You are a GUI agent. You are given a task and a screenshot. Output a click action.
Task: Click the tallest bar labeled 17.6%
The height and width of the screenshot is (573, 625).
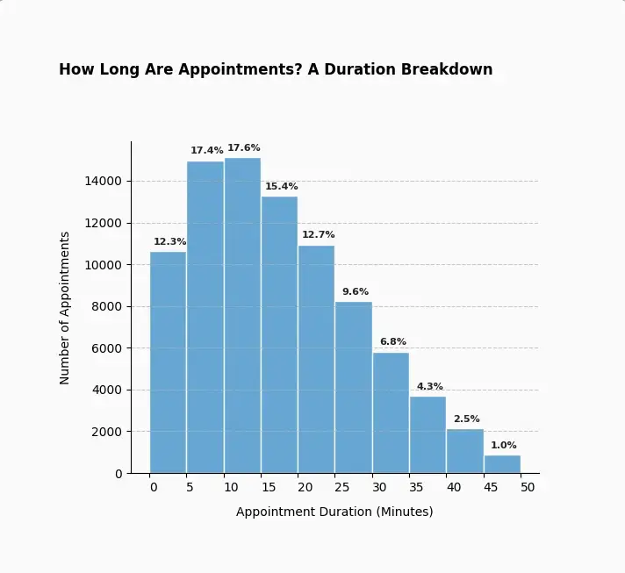click(x=242, y=316)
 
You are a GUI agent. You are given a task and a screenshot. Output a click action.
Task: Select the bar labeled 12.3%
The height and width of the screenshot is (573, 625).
click(x=168, y=362)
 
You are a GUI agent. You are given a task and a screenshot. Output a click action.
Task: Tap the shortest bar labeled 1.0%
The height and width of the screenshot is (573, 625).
click(x=502, y=464)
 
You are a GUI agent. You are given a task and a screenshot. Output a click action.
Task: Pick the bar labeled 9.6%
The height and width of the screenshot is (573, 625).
click(x=354, y=388)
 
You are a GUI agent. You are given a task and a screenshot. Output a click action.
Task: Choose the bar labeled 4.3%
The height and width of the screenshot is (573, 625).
click(x=427, y=434)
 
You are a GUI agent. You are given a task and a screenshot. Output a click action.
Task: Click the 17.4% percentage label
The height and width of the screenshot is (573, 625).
click(x=207, y=150)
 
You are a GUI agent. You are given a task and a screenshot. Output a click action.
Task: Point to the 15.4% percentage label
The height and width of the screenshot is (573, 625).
click(x=282, y=186)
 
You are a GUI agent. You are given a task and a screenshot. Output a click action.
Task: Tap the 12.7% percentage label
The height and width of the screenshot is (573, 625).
click(x=318, y=234)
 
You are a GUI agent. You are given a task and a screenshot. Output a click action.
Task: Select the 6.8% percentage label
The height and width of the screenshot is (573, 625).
click(x=393, y=341)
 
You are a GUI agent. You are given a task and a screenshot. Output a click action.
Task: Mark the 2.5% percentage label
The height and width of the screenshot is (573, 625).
click(x=467, y=419)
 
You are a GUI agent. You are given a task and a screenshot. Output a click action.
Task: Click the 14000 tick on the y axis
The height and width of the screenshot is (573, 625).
click(x=103, y=182)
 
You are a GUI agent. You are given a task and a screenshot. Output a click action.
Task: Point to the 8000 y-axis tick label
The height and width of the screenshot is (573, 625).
click(x=106, y=306)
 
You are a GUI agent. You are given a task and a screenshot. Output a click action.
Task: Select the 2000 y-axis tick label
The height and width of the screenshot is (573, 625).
click(x=106, y=432)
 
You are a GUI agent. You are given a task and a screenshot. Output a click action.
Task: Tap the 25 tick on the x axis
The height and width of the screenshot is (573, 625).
click(x=341, y=487)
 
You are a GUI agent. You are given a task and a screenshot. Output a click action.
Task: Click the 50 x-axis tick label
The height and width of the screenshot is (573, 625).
click(x=528, y=487)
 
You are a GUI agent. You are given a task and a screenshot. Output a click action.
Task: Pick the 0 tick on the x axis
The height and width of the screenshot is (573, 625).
click(x=154, y=487)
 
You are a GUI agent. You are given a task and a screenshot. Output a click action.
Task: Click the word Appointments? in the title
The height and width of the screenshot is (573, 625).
click(x=241, y=69)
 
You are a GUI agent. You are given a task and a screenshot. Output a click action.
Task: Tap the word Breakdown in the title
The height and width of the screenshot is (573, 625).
click(x=447, y=69)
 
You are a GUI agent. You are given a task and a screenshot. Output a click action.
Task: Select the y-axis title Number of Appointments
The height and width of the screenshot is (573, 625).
click(x=64, y=308)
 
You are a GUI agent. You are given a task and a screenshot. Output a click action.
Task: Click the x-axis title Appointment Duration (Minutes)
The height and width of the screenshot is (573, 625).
click(x=334, y=512)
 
